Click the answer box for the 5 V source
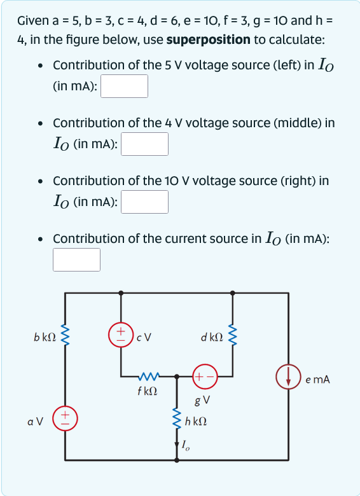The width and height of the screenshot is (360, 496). pos(124,86)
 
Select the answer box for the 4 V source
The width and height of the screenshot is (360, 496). pos(144,144)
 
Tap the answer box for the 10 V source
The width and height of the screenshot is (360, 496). pos(144,202)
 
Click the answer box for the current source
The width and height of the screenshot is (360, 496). pos(76,259)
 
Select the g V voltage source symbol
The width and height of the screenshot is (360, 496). pos(205,376)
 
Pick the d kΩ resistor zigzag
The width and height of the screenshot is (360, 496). pos(232,335)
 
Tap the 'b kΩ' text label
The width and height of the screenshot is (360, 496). pos(44,336)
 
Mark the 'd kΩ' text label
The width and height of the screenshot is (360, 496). pos(211,336)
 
